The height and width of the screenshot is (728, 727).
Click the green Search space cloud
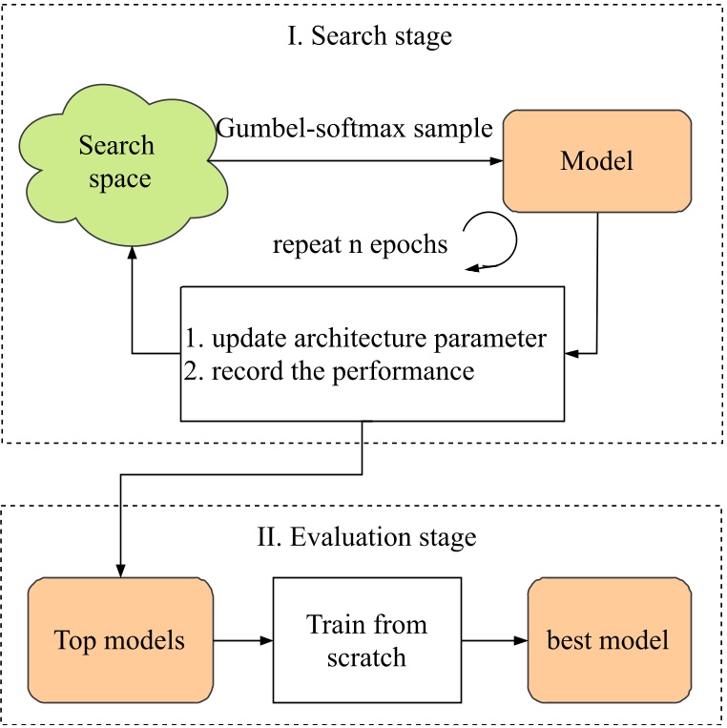tap(116, 162)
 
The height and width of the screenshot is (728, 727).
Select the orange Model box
tap(596, 161)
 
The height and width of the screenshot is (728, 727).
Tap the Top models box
tap(119, 639)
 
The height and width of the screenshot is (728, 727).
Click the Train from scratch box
tap(367, 639)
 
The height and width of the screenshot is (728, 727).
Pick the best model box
tap(607, 639)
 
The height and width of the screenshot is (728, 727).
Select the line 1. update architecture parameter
tap(366, 339)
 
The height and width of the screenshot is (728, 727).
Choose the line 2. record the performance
tap(329, 370)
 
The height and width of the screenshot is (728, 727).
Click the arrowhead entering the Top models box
tap(120, 570)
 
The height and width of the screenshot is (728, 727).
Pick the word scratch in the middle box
tap(367, 656)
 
